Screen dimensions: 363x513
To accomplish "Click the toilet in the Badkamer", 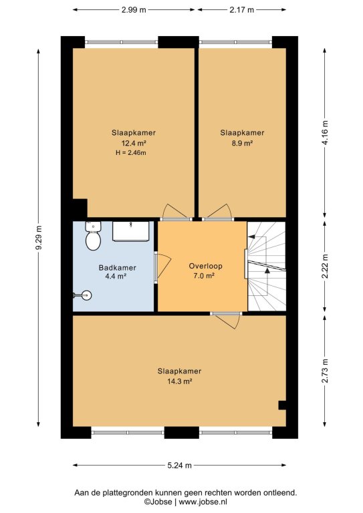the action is click(x=93, y=236).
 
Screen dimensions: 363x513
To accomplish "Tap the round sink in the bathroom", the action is click(x=86, y=295).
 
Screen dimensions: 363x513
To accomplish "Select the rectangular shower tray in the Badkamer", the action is click(x=130, y=231).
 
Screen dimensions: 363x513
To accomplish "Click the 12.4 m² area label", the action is click(x=134, y=143).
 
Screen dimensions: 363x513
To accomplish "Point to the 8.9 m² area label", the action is click(x=242, y=143).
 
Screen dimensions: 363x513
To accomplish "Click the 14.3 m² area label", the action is click(x=179, y=381).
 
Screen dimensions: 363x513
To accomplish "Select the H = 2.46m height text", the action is click(x=131, y=152).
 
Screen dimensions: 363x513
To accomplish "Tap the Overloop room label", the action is click(x=205, y=266).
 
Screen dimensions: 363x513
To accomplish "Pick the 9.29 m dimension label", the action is click(x=39, y=238).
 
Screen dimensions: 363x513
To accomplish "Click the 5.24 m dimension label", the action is click(x=179, y=465).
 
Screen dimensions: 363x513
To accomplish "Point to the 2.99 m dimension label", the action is click(x=134, y=10).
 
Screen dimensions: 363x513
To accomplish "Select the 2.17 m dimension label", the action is click(x=241, y=10).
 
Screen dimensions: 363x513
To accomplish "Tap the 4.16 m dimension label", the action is click(x=325, y=133).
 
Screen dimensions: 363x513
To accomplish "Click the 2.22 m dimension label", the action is click(x=325, y=267).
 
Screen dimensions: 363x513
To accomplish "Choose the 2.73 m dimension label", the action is click(x=325, y=371).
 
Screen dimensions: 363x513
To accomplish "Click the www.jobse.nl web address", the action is click(x=203, y=502).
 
